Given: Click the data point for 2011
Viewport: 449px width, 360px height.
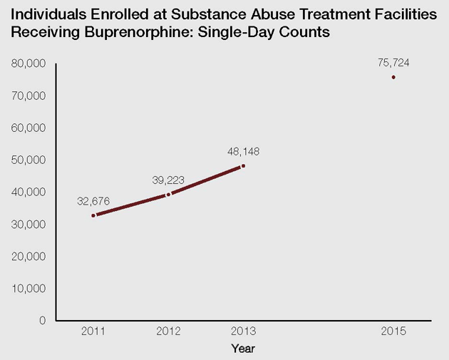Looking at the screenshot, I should (93, 215).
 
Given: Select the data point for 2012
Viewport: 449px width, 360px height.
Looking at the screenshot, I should (168, 194).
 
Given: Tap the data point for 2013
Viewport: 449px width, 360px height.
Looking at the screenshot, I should (243, 166).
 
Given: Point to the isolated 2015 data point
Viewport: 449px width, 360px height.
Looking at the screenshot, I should (393, 77).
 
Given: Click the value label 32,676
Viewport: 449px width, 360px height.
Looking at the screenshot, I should (93, 201).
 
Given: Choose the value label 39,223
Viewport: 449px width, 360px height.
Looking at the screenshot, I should (168, 180).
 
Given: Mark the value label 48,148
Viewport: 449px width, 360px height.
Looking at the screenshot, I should (243, 152).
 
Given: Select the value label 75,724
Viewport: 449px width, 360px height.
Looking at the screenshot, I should (393, 63).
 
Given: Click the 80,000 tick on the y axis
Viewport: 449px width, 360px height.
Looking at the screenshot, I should (29, 63).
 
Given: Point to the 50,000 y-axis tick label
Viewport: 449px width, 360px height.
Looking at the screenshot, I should (29, 160).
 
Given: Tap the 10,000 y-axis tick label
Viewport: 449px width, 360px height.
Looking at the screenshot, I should (29, 288).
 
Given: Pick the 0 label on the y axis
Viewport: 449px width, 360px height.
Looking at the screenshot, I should (43, 320).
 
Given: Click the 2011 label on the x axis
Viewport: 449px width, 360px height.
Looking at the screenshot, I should (93, 332).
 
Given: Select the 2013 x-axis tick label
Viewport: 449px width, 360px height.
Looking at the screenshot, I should (243, 332).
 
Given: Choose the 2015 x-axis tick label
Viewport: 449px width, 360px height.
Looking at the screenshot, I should (393, 332).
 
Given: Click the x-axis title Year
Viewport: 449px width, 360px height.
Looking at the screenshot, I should (243, 349).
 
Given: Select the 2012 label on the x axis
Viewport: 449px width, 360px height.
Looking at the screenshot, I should (168, 332).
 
